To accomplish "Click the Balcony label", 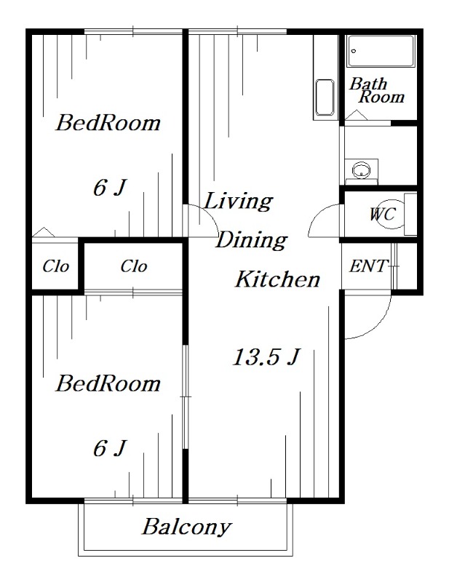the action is (x=187, y=527).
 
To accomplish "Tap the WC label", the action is (x=382, y=214).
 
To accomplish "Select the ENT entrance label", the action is (x=368, y=266).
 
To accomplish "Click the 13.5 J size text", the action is (x=266, y=357).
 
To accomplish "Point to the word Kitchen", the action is (x=278, y=279).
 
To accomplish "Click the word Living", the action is (x=239, y=202).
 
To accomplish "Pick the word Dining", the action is (x=251, y=240).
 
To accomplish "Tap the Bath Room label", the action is (x=376, y=90).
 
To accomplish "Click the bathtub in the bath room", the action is (x=381, y=51).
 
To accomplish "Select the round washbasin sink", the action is (x=361, y=170).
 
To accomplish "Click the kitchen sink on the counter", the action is (x=325, y=97).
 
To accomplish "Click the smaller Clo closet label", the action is (x=56, y=266).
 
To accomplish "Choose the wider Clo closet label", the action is (x=134, y=266).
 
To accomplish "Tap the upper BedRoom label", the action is (x=108, y=123).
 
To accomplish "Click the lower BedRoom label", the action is (x=108, y=383).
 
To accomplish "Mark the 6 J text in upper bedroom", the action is (x=110, y=188).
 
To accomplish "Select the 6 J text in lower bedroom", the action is (x=110, y=448).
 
